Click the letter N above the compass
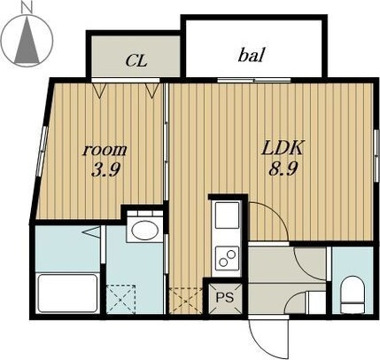(27, 7)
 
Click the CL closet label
(136, 60)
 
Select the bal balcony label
(251, 55)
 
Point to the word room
(105, 150)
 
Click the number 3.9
(105, 169)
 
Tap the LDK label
(283, 148)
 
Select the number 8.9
(283, 168)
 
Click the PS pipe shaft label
(225, 297)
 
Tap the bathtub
(67, 293)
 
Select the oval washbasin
(143, 231)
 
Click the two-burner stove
(227, 258)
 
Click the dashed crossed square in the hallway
(186, 301)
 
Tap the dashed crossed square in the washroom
(120, 299)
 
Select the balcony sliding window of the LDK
(254, 80)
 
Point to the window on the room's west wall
(43, 152)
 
